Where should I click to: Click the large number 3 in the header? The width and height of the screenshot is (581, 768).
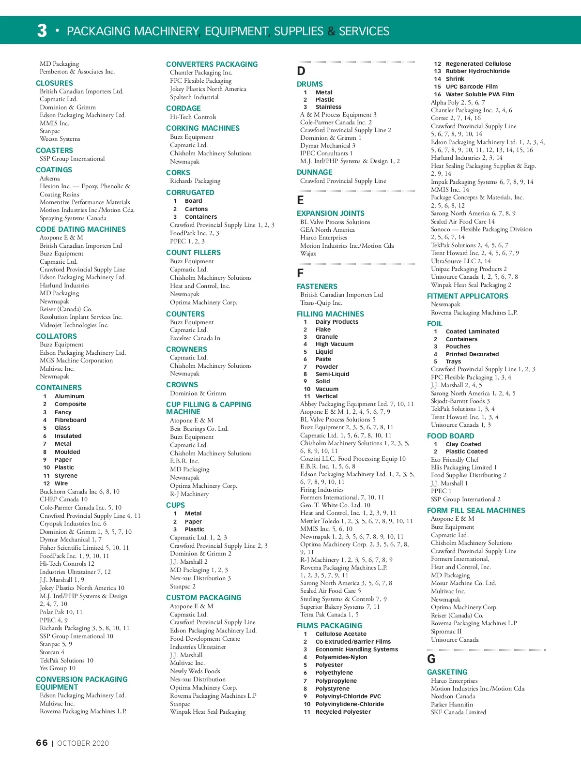pyautogui.click(x=42, y=30)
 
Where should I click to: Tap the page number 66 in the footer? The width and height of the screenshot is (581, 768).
pyautogui.click(x=42, y=743)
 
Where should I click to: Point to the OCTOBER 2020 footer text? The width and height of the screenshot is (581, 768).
pyautogui.click(x=83, y=743)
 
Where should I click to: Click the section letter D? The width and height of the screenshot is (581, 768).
pyautogui.click(x=301, y=71)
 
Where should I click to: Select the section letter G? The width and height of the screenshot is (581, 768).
pyautogui.click(x=431, y=659)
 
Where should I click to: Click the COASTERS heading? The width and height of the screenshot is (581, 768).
pyautogui.click(x=54, y=151)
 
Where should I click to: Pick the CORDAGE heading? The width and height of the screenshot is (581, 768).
pyautogui.click(x=183, y=108)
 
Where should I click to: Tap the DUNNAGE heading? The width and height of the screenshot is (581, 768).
pyautogui.click(x=314, y=172)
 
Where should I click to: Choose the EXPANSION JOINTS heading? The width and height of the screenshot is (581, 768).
pyautogui.click(x=330, y=213)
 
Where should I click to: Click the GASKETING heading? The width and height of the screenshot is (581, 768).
pyautogui.click(x=447, y=672)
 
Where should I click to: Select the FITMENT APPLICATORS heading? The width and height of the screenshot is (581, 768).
pyautogui.click(x=467, y=296)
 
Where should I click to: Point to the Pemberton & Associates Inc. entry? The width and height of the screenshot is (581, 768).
pyautogui.click(x=77, y=72)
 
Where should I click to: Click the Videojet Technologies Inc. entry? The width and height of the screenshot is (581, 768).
pyautogui.click(x=74, y=325)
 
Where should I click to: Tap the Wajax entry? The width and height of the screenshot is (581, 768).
pyautogui.click(x=308, y=254)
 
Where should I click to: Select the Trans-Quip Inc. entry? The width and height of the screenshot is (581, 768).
pyautogui.click(x=321, y=303)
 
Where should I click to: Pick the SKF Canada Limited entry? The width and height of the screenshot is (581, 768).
pyautogui.click(x=458, y=712)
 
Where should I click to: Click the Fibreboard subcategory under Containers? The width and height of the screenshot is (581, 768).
pyautogui.click(x=70, y=420)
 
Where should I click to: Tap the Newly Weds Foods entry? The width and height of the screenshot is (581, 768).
pyautogui.click(x=195, y=671)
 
